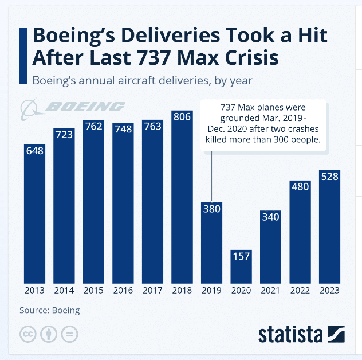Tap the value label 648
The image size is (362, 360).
click(x=34, y=150)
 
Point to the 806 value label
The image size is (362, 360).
click(x=182, y=117)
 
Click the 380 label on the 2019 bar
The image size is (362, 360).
click(x=211, y=209)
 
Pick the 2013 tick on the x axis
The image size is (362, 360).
click(x=34, y=290)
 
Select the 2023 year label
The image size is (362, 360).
click(x=329, y=290)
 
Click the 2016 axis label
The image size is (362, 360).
click(x=123, y=290)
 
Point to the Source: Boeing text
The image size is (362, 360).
click(x=49, y=311)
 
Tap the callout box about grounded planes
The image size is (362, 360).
click(x=264, y=124)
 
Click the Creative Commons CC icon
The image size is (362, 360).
click(x=28, y=334)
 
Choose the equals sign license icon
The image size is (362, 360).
click(x=69, y=334)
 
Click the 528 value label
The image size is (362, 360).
click(x=329, y=176)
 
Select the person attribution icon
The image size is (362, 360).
click(x=49, y=334)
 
